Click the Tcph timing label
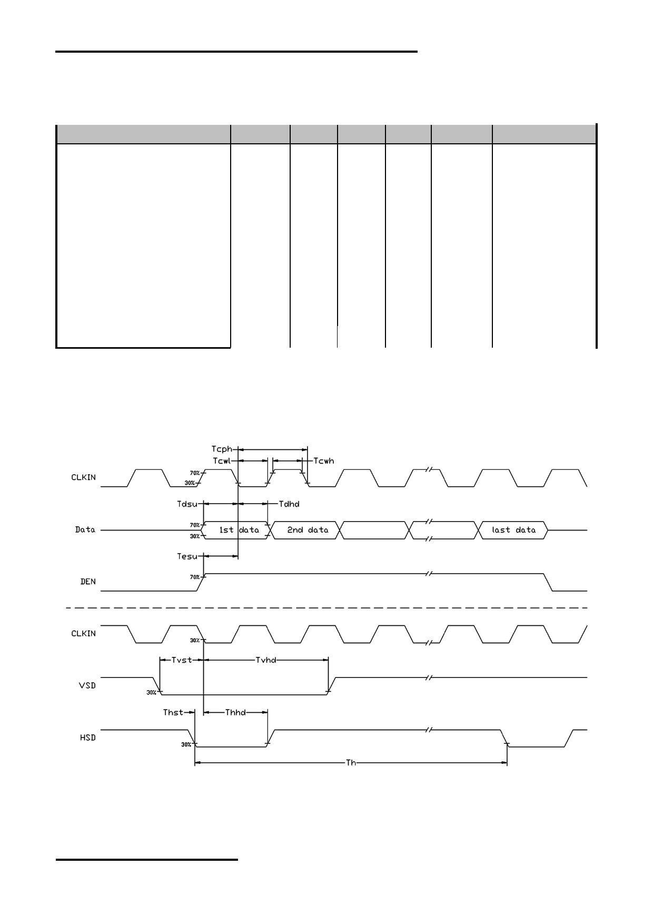(222, 449)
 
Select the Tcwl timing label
(222, 461)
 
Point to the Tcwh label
(324, 461)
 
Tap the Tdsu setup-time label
(187, 504)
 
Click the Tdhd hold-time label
(289, 504)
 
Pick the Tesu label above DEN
(187, 556)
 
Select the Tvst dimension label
(182, 660)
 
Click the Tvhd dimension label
(266, 660)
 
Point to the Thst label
(173, 712)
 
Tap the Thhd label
(235, 712)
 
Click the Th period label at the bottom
(351, 762)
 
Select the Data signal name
(85, 529)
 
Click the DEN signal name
(88, 582)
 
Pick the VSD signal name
(88, 685)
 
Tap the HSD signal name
(88, 738)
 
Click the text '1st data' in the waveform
(239, 530)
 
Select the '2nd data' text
(308, 530)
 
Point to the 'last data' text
(513, 530)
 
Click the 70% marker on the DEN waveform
(195, 577)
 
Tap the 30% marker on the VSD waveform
(151, 692)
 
